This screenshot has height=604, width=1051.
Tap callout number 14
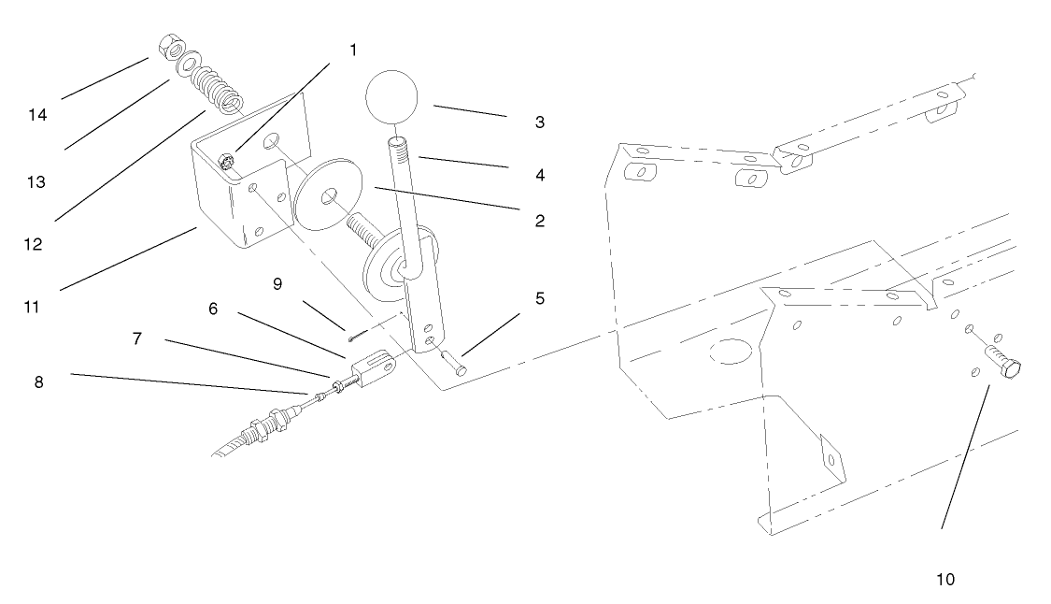coord(38,115)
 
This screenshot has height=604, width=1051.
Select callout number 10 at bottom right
coord(945,580)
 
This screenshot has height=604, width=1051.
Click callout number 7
coord(136,338)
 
